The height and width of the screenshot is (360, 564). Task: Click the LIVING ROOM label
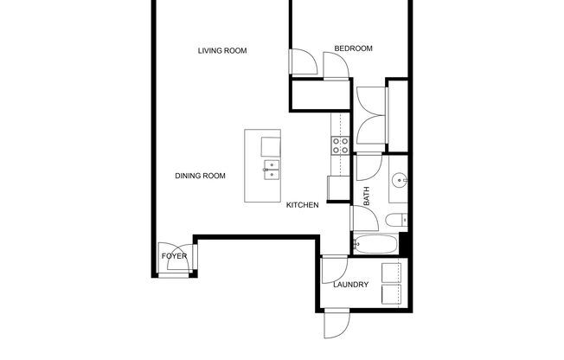[222, 51]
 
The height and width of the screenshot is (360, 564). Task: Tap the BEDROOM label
[353, 48]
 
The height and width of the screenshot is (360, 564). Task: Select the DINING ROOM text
[200, 176]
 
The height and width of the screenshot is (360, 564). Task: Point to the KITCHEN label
[303, 205]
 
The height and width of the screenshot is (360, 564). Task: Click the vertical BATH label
[367, 198]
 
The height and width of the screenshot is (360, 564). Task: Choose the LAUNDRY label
[350, 285]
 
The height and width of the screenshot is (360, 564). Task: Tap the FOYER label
[173, 256]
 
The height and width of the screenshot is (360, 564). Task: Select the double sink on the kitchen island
[272, 169]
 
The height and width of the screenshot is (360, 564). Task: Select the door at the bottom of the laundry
[335, 326]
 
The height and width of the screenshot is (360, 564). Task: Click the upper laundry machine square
[394, 270]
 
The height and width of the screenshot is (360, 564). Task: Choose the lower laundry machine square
[394, 295]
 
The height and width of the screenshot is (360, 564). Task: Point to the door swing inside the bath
[367, 167]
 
